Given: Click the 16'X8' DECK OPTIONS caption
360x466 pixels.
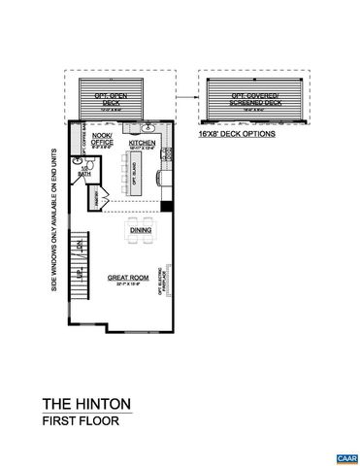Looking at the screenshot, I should click(x=238, y=134).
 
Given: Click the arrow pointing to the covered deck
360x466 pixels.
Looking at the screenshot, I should click(x=190, y=96).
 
